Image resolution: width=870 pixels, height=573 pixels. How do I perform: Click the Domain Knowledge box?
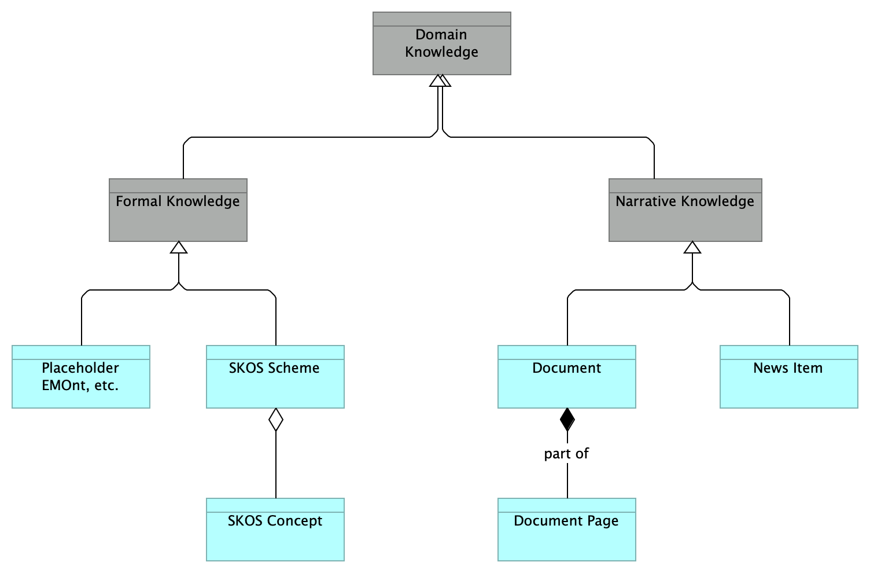point(441,44)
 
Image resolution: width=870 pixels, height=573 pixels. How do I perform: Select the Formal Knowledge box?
point(178,210)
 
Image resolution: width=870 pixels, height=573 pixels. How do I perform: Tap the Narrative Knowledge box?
point(685,210)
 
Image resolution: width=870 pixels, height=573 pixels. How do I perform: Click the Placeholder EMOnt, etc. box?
point(80,377)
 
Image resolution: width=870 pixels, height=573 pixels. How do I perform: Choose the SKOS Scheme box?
point(275,377)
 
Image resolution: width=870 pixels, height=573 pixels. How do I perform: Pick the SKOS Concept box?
point(275,530)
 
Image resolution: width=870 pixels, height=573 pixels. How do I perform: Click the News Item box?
point(788,377)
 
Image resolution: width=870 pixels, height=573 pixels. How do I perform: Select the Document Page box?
point(566,530)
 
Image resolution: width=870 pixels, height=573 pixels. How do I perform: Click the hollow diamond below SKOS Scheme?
point(276,420)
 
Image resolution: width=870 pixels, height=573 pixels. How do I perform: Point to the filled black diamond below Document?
point(567,420)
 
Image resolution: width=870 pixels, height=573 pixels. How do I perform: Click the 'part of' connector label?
point(566,454)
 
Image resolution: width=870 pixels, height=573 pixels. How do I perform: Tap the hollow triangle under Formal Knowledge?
point(179,248)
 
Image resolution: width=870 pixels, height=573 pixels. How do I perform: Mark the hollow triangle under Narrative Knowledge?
point(692,248)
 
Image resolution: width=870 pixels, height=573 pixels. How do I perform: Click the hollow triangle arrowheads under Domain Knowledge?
point(440,81)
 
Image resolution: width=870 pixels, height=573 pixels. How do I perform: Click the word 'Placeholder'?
point(80,368)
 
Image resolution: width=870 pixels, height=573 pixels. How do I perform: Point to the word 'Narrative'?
point(643,201)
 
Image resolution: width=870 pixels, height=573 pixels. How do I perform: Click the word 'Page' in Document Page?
point(603,521)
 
